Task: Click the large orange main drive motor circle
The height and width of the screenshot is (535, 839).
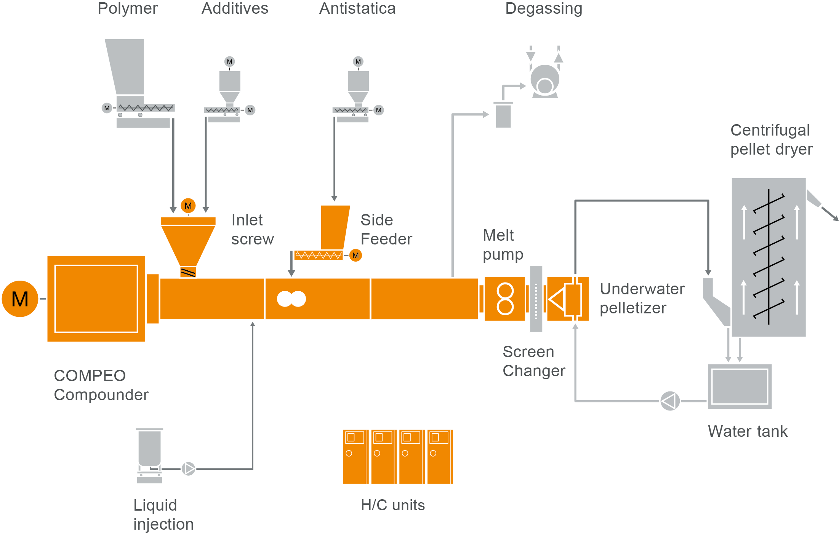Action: point(20,299)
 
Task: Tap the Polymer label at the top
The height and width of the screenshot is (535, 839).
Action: point(128,8)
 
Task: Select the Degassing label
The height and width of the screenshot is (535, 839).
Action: point(544,8)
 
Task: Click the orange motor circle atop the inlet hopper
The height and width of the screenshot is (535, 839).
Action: point(188,206)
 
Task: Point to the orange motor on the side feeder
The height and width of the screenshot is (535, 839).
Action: point(355,255)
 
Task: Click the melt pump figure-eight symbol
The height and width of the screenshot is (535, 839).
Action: point(505,299)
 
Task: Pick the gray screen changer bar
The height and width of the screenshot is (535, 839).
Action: point(536,299)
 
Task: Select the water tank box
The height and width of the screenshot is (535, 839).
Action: point(740,386)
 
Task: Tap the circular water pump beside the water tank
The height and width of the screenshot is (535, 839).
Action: point(670,401)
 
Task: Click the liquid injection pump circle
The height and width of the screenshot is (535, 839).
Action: point(188,469)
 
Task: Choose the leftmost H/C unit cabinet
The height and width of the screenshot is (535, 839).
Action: point(355,457)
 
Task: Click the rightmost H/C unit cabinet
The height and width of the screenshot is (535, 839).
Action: point(440,457)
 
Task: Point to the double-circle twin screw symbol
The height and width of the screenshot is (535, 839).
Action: point(291,299)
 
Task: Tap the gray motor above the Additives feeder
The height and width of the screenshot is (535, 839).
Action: point(229,62)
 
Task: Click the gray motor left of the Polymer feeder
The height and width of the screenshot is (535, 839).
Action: point(107,108)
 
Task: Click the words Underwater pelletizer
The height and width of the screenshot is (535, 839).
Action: point(642,299)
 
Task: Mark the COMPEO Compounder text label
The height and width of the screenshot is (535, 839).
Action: point(101,385)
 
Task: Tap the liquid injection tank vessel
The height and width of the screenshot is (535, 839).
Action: point(149,447)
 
